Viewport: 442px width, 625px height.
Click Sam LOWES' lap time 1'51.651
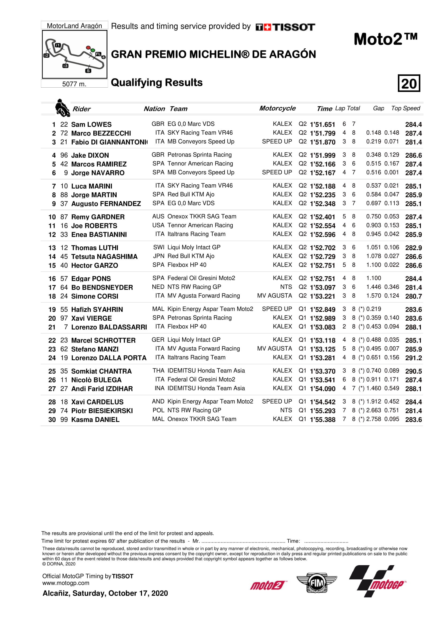click(322, 125)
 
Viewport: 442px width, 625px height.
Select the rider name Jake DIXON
click(90, 155)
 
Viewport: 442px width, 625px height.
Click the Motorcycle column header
click(277, 108)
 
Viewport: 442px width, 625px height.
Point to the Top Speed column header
click(406, 108)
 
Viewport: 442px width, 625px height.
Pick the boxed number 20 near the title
click(409, 83)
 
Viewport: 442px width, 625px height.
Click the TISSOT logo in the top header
click(285, 27)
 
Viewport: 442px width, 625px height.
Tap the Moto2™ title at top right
click(385, 39)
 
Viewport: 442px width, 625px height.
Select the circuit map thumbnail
click(75, 54)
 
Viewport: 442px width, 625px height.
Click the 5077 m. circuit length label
click(74, 84)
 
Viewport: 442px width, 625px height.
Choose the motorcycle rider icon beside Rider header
click(62, 108)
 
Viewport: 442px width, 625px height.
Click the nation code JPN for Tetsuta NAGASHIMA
click(159, 256)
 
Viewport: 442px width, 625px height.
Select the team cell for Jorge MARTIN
click(191, 194)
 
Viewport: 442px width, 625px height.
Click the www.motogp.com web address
click(66, 583)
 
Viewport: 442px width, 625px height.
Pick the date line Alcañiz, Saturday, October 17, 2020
click(105, 593)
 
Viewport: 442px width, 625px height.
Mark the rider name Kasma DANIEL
click(95, 420)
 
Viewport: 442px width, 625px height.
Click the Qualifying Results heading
click(157, 83)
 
